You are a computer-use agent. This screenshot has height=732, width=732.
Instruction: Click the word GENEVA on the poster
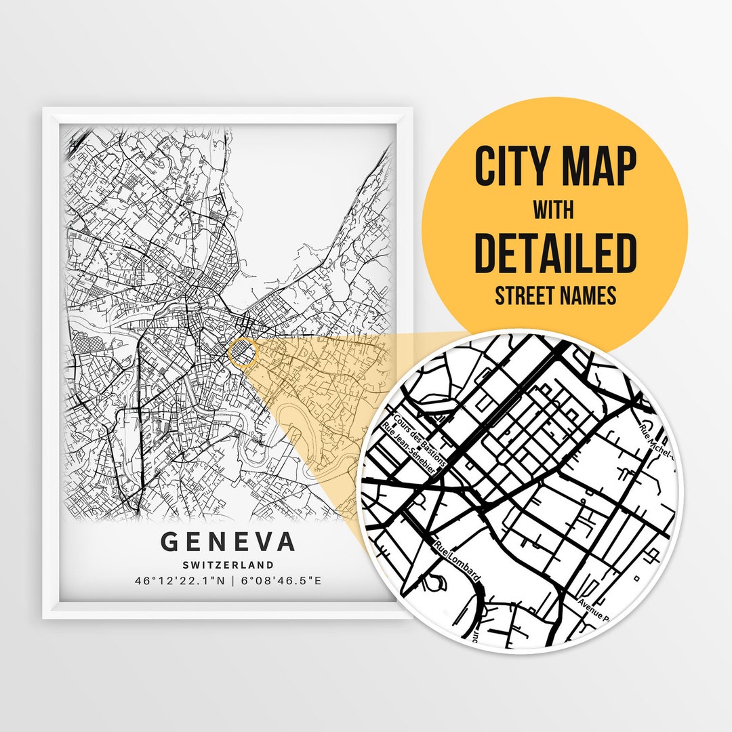[228, 542]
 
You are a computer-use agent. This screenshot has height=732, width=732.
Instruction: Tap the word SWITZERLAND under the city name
[228, 565]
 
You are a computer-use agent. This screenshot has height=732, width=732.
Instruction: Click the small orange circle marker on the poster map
[243, 353]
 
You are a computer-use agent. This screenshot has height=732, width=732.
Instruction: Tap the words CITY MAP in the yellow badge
[555, 167]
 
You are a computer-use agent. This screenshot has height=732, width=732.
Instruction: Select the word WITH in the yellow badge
[553, 210]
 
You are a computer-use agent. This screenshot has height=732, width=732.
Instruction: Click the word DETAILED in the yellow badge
[555, 253]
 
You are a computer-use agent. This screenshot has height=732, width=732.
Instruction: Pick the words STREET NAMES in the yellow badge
[555, 296]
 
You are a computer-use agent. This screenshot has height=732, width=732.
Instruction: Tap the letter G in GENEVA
[169, 542]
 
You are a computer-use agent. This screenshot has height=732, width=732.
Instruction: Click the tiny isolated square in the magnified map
[636, 578]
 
